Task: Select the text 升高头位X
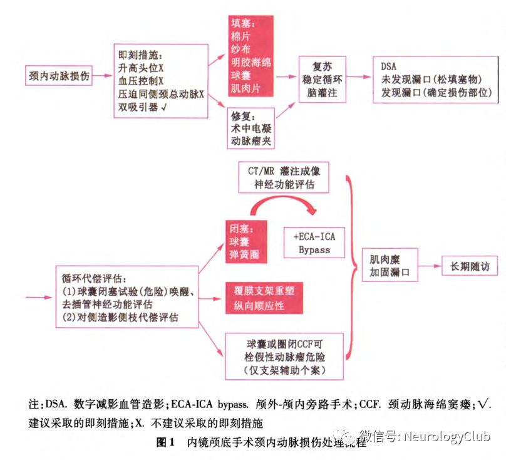[x=142, y=68]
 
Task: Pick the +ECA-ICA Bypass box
[x=314, y=243]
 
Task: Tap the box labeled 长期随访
[x=470, y=266]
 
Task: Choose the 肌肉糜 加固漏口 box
[x=390, y=266]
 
